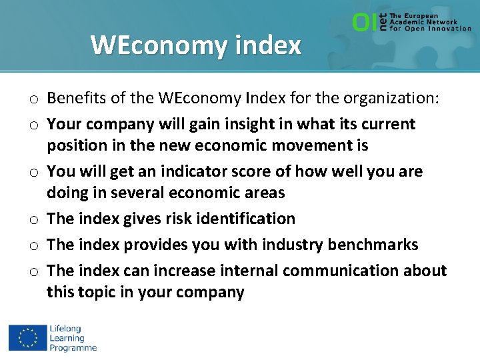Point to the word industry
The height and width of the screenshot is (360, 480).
pyautogui.click(x=290, y=245)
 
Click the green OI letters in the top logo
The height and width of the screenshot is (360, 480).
pyautogui.click(x=364, y=23)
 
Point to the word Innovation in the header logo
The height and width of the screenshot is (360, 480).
pyautogui.click(x=447, y=29)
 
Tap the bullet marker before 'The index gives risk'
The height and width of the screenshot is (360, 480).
pyautogui.click(x=33, y=219)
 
